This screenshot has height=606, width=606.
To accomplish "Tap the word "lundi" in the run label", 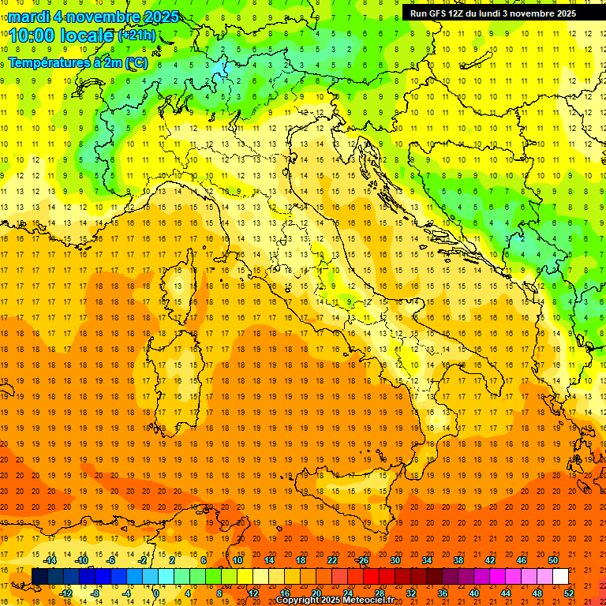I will pos(488,13).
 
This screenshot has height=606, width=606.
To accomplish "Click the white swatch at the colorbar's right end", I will pos(560,577).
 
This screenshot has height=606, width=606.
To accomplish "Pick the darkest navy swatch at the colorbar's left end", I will pos(39,577).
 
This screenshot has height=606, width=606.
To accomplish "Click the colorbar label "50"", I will pos(552,560).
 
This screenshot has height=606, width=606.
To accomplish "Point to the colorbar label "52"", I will pos(569,593).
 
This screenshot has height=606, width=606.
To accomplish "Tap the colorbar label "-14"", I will pos(51,560).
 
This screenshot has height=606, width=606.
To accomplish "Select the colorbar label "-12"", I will pos(65,593).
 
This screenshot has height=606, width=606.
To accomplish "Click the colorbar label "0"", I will pos(155,593).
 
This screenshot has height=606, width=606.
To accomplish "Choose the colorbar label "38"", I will pos(458,560).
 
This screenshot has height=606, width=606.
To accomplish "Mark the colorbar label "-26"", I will pos(362,560).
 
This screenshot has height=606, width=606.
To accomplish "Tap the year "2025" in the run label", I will pos(565,13).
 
